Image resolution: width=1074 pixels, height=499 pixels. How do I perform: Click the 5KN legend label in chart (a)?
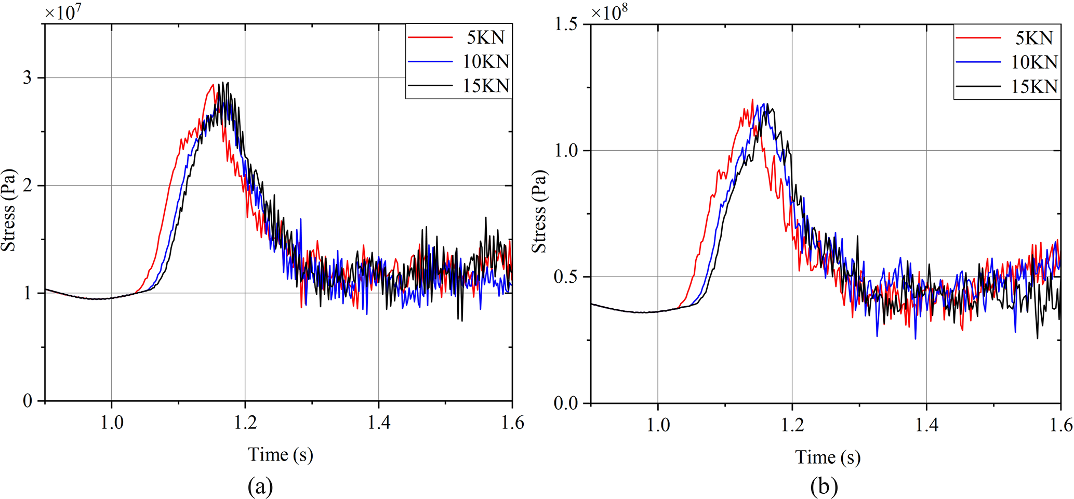tap(486, 38)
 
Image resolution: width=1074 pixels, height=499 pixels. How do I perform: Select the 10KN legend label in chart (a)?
tap(486, 62)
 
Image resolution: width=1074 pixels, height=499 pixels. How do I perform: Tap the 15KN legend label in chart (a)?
tap(486, 86)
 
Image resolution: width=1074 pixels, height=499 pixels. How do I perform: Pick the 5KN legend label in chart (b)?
tap(1034, 38)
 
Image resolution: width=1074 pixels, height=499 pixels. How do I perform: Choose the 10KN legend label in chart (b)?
tap(1034, 62)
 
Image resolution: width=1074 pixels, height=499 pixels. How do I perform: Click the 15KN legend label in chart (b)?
tap(1034, 86)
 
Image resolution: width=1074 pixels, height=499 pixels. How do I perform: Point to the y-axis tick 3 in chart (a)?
tap(27, 78)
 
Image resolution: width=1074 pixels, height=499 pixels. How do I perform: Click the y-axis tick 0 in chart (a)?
tap(27, 401)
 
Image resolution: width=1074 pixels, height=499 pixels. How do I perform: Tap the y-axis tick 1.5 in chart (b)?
tap(566, 24)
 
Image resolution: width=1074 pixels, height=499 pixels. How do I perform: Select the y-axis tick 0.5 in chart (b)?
tap(566, 277)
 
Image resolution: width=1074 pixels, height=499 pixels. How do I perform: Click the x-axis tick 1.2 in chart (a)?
tap(245, 423)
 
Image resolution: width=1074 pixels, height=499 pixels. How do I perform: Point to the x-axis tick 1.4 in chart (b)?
tap(926, 425)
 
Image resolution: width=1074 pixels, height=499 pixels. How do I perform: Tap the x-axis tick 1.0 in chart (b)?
tap(658, 425)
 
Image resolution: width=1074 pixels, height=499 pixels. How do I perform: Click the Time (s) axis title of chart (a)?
tap(281, 455)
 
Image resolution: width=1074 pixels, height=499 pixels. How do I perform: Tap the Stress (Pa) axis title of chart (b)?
tap(539, 212)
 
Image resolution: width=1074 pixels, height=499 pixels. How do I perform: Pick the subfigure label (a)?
tap(260, 487)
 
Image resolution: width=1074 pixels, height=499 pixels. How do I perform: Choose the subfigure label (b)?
tap(824, 487)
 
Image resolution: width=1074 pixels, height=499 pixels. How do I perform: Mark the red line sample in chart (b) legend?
tap(978, 38)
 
